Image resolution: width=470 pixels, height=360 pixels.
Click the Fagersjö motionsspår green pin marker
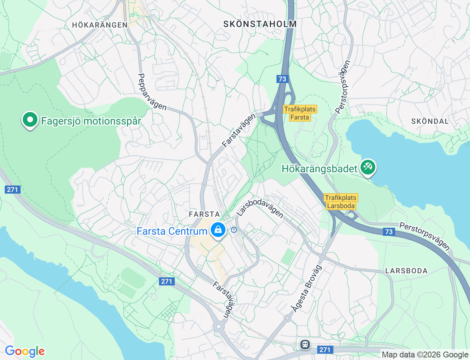click(30, 120)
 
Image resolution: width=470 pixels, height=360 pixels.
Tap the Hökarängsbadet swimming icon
click(368, 168)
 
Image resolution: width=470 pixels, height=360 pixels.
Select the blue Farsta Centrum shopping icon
click(218, 230)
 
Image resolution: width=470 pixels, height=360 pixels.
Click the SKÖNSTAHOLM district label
click(260, 24)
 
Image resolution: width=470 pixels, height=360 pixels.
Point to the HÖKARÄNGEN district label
click(100, 25)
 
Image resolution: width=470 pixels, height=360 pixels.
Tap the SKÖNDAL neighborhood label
click(430, 121)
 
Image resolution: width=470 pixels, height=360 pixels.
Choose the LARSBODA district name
click(406, 271)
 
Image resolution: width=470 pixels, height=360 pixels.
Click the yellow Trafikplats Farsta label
click(300, 113)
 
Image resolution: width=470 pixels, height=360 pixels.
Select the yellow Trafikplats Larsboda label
click(341, 202)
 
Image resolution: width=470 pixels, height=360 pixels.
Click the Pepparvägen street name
click(151, 92)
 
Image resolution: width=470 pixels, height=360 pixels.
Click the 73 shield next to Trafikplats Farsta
click(282, 79)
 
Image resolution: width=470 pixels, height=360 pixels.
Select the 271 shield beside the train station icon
click(325, 349)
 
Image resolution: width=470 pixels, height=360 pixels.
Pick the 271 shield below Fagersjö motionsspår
click(12, 190)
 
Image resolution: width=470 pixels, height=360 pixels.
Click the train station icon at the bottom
click(305, 345)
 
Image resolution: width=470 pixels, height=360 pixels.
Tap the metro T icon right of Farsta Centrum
click(234, 230)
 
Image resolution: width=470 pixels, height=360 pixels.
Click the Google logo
click(25, 351)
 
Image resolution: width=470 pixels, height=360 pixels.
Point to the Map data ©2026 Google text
click(425, 354)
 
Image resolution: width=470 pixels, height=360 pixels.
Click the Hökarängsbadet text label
click(319, 169)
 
